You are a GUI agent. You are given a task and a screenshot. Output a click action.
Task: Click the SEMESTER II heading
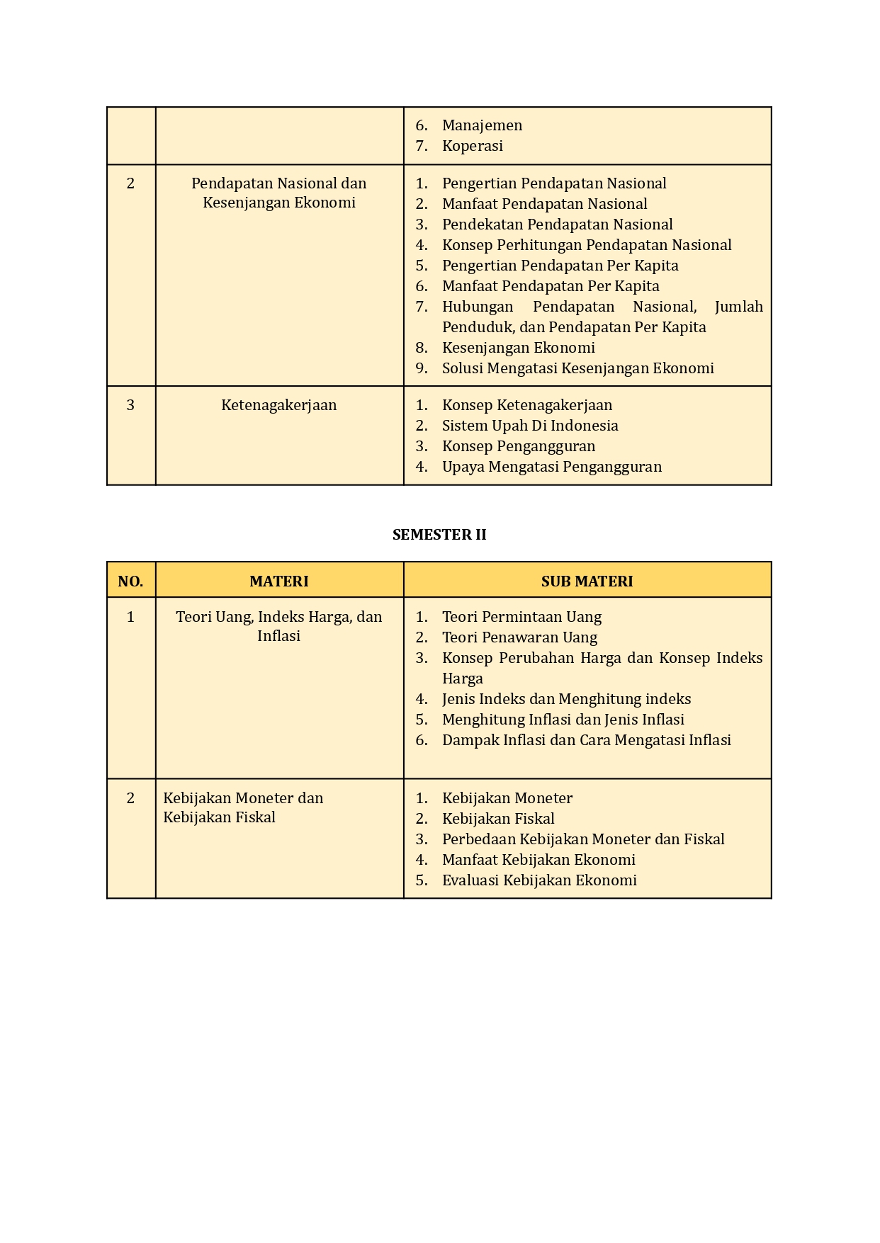(439, 535)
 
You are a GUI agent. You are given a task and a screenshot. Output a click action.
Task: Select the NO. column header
(130, 581)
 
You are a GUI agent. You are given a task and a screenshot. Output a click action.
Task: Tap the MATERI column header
(279, 581)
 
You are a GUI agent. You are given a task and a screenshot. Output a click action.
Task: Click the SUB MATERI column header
(587, 581)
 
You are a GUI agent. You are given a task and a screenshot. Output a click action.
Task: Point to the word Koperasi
(472, 146)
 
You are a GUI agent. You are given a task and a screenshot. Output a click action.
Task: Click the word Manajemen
(482, 125)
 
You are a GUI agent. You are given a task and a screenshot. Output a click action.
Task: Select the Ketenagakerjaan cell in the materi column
(279, 405)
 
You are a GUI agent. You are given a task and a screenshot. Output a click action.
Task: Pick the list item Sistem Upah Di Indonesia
(530, 426)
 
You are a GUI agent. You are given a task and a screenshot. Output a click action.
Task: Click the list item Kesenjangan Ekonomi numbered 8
(518, 348)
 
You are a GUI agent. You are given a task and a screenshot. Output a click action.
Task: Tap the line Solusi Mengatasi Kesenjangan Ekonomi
(577, 368)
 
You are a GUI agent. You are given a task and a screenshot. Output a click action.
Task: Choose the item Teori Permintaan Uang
(521, 617)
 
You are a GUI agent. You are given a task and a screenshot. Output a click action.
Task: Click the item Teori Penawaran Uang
(519, 637)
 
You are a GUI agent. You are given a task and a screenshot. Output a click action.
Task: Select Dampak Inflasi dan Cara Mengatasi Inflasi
(586, 740)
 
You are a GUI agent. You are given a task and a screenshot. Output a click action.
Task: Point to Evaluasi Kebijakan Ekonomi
(539, 880)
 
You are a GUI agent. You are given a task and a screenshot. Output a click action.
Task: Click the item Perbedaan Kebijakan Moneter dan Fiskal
(583, 839)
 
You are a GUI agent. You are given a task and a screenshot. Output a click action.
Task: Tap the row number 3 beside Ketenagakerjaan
(130, 405)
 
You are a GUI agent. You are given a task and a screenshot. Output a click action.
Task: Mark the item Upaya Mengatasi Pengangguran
(552, 467)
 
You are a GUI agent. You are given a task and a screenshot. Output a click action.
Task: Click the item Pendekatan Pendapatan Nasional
(557, 225)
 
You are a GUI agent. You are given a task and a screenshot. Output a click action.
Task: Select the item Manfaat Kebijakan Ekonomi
(538, 860)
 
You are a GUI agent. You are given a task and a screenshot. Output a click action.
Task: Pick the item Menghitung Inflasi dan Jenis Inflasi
(563, 720)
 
